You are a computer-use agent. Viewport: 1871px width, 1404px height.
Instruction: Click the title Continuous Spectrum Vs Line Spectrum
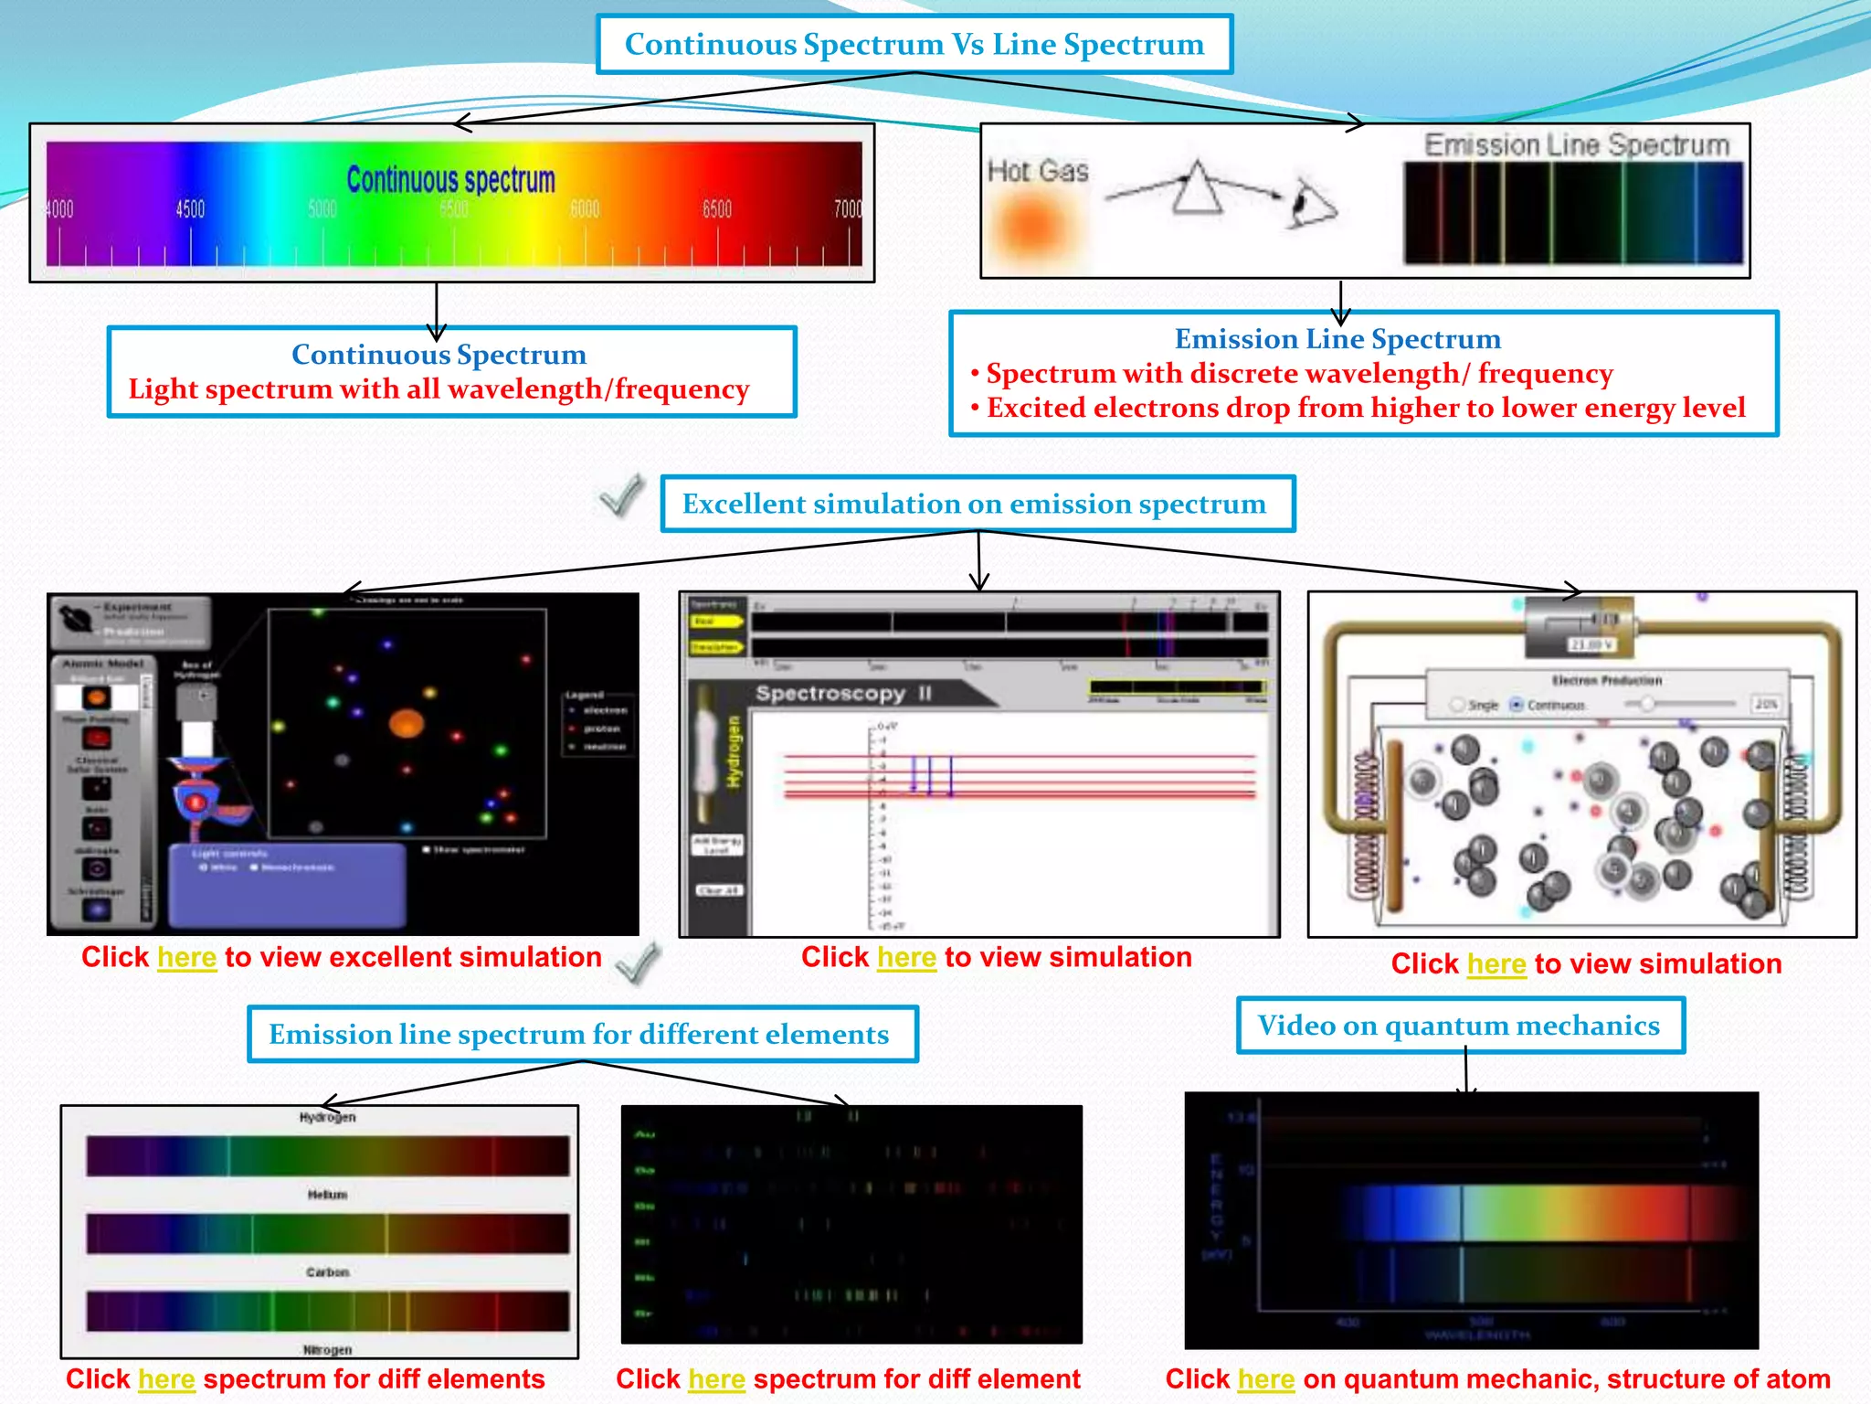coord(914,44)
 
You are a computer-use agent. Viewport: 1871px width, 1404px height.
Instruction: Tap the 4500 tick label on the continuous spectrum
coord(190,209)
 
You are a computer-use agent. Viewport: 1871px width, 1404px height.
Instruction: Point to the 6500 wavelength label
coord(717,209)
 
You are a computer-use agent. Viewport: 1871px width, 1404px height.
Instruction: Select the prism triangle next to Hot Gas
coord(1197,189)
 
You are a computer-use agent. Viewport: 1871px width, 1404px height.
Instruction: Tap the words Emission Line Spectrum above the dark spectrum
coord(1577,145)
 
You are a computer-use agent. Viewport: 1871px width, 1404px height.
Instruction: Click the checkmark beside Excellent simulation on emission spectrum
coord(621,495)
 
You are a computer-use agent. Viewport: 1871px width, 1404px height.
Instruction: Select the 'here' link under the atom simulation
coord(186,957)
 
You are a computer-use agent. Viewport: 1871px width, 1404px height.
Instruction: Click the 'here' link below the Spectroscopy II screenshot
coord(906,957)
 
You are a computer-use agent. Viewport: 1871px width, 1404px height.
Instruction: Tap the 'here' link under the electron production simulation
coord(1496,963)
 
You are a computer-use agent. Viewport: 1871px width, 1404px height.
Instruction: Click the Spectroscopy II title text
coord(843,694)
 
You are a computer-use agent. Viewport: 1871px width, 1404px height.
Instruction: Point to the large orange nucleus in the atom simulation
coord(407,724)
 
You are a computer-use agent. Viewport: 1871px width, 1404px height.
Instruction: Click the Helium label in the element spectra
coord(327,1195)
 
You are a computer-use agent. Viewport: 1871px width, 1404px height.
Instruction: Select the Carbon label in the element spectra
coord(327,1272)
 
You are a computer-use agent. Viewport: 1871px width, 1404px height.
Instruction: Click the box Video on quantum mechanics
coord(1459,1026)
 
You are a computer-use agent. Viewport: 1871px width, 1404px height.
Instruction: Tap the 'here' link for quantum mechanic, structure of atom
coord(1266,1378)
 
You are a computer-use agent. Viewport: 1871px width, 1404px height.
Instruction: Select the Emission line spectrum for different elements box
coord(582,1034)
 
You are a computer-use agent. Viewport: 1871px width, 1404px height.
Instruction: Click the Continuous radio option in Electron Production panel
coord(1517,705)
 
